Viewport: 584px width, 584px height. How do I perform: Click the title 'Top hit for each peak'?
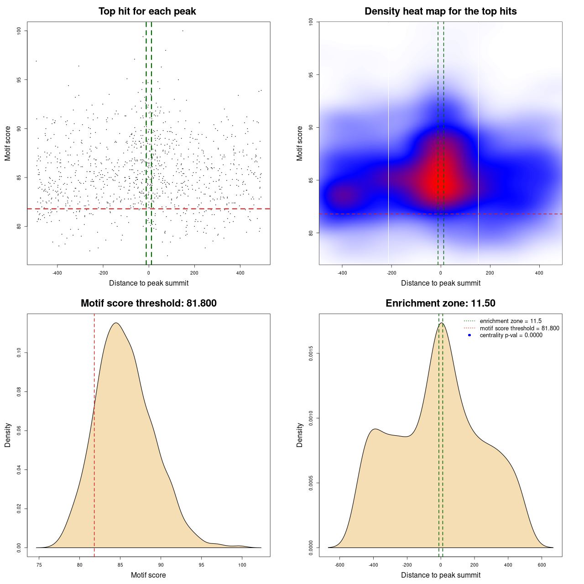point(147,11)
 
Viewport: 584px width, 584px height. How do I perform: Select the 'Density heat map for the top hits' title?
point(440,11)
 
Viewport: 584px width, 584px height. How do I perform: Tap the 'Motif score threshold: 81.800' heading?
point(148,303)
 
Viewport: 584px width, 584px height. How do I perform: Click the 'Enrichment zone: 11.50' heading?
point(440,303)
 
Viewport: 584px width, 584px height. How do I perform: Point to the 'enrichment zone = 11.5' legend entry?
point(511,321)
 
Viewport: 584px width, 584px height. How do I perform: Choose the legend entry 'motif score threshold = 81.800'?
point(519,328)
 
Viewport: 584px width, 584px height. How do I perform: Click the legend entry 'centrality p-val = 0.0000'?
point(511,335)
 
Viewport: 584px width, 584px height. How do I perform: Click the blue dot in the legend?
point(469,335)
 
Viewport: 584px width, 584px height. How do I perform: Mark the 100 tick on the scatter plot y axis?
point(19,31)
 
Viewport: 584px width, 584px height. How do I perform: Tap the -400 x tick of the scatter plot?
point(57,273)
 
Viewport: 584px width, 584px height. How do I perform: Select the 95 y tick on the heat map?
point(311,74)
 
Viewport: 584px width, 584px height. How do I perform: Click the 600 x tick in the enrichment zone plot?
point(542,565)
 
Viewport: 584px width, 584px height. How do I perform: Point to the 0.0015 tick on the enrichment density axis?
point(311,354)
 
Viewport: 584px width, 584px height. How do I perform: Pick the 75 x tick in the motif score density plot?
point(39,565)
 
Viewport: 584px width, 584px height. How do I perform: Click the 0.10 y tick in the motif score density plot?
point(19,353)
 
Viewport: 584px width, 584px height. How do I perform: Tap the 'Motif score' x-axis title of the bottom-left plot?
point(148,575)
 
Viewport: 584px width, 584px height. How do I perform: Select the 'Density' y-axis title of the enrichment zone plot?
point(300,435)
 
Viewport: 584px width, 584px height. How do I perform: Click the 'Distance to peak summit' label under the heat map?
point(440,283)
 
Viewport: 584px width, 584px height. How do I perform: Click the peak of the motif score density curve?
point(116,323)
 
